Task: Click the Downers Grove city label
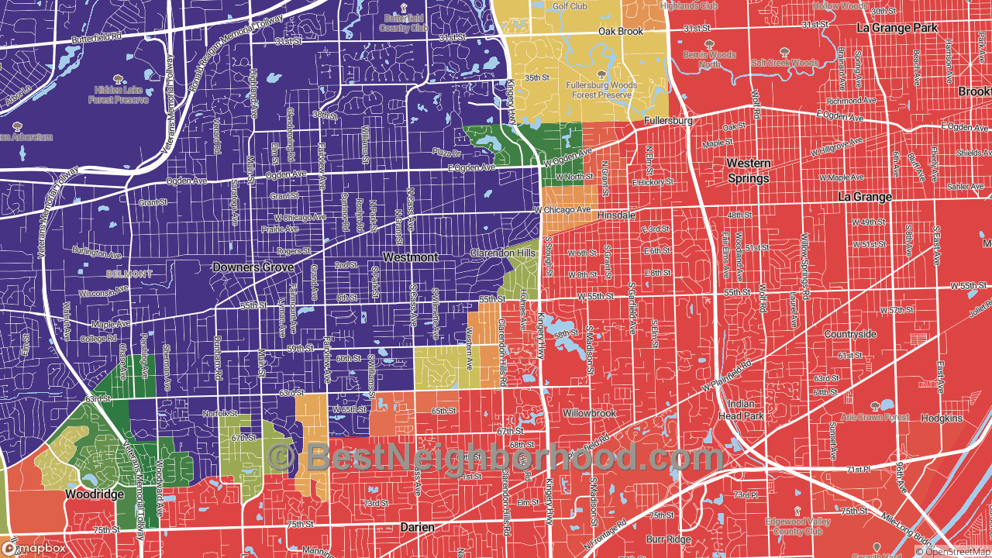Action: click(253, 267)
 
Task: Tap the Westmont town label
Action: click(411, 257)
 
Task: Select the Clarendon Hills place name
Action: click(503, 253)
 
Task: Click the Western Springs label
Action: click(749, 170)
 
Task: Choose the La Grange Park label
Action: click(897, 28)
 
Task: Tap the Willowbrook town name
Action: click(589, 413)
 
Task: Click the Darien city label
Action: click(417, 527)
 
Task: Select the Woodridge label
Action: click(94, 494)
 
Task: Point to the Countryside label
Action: click(849, 334)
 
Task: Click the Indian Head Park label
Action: click(742, 410)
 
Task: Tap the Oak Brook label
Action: click(620, 32)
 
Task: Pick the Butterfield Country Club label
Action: click(404, 22)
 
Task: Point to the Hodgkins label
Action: click(942, 418)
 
